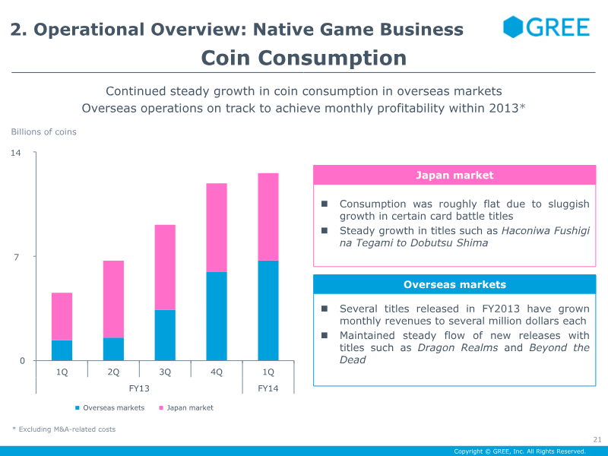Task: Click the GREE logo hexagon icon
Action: tap(514, 27)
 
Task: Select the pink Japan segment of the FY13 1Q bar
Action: tap(62, 316)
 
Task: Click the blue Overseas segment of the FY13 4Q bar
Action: tap(217, 315)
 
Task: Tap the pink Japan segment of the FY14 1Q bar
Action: tap(268, 217)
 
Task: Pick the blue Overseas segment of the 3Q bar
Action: tap(165, 334)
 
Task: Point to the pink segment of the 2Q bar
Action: tap(113, 299)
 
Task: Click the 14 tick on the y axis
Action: tap(15, 154)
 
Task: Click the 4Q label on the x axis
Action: tap(217, 372)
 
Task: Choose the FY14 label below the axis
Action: tap(268, 388)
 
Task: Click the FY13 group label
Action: tap(139, 388)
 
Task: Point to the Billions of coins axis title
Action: tap(43, 132)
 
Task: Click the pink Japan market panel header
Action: tap(454, 176)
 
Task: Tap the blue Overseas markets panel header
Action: tap(454, 285)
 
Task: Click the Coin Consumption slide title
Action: tap(304, 58)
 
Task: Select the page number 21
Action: tap(597, 439)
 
